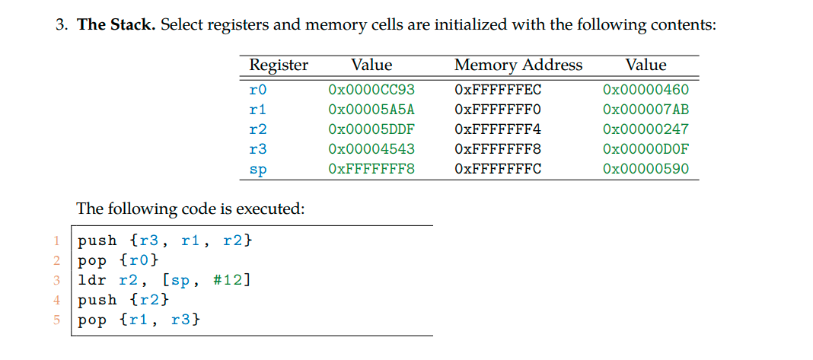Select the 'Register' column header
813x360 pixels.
click(x=279, y=65)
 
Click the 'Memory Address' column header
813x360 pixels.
click(x=518, y=65)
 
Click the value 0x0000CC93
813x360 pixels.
click(x=371, y=90)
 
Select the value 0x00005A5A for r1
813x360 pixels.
click(x=371, y=110)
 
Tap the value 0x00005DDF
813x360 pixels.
click(x=371, y=129)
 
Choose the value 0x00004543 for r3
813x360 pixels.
click(x=371, y=149)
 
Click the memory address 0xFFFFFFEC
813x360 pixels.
click(x=497, y=90)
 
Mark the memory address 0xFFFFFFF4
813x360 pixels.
click(x=497, y=129)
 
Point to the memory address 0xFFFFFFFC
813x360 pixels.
click(x=497, y=169)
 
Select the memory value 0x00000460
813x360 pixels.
click(x=645, y=90)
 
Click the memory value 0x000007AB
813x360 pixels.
click(x=645, y=110)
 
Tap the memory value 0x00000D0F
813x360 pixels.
click(x=645, y=149)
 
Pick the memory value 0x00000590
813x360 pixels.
click(x=645, y=169)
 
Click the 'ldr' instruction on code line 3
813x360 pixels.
click(x=94, y=279)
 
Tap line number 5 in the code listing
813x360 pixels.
click(x=56, y=320)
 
